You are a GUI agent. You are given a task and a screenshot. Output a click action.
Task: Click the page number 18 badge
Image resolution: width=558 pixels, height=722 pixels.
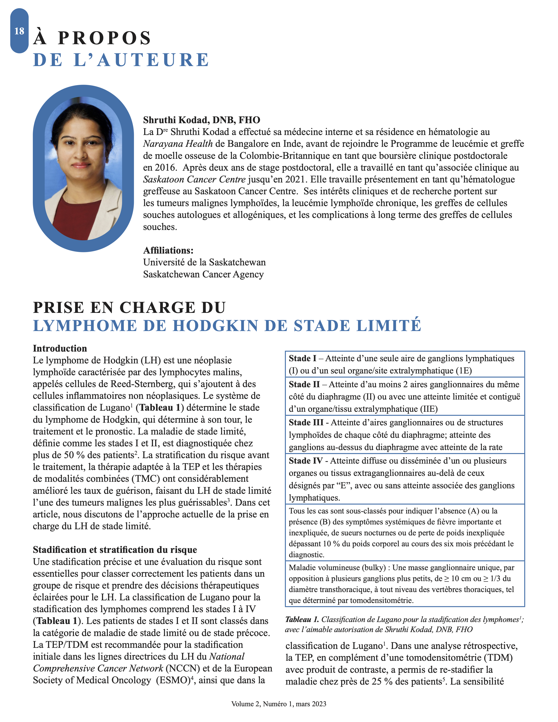[19, 31]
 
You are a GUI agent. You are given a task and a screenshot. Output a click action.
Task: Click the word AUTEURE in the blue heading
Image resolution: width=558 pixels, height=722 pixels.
[153, 60]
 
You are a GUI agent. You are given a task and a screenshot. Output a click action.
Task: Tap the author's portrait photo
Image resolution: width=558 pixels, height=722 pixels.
[83, 169]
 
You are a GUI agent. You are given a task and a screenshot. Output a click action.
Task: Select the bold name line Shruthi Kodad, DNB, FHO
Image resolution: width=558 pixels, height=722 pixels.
[202, 120]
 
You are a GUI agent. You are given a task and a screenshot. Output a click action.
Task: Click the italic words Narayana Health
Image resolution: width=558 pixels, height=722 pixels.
[178, 144]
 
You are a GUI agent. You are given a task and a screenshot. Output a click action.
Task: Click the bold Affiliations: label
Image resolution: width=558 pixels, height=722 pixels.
[168, 250]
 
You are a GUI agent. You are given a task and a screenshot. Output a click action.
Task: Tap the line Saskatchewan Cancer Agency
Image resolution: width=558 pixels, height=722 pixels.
[203, 274]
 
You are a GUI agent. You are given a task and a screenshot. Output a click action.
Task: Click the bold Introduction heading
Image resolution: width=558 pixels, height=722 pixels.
[60, 349]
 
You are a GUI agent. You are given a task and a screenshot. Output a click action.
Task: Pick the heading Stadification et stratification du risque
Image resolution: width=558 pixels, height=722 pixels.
[115, 549]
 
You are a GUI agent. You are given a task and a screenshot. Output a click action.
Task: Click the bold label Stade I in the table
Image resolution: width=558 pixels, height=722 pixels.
[302, 358]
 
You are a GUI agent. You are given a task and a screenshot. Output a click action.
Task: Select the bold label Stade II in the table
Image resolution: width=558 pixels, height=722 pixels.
[304, 384]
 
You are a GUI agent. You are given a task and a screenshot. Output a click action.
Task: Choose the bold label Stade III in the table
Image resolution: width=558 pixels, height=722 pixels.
[306, 422]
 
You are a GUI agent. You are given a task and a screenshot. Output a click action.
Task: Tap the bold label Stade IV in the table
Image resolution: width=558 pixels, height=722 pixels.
[305, 461]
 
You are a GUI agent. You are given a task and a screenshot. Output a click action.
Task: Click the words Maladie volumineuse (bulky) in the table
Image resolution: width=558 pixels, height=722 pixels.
[337, 568]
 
